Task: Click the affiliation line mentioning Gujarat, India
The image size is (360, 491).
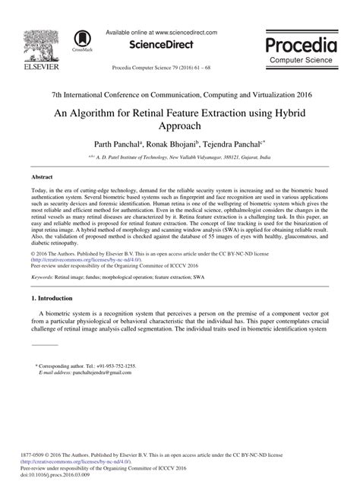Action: tap(180, 156)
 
